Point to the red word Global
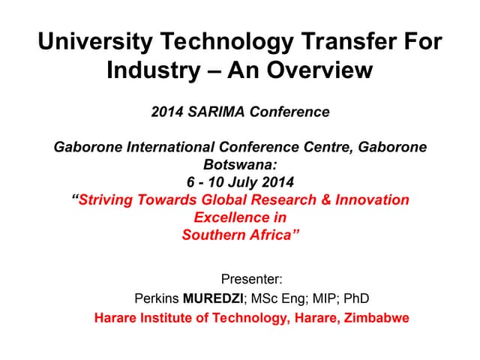(226, 199)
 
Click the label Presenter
(252, 280)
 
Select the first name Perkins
(156, 298)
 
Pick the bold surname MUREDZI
(212, 298)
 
